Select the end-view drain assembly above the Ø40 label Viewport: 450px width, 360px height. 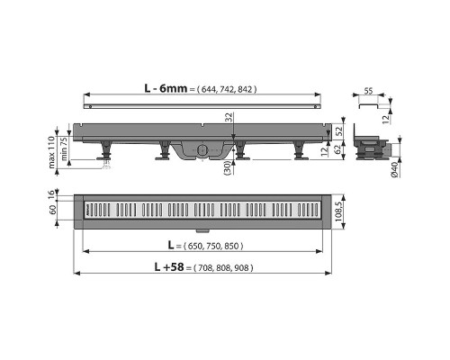click(372, 144)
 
